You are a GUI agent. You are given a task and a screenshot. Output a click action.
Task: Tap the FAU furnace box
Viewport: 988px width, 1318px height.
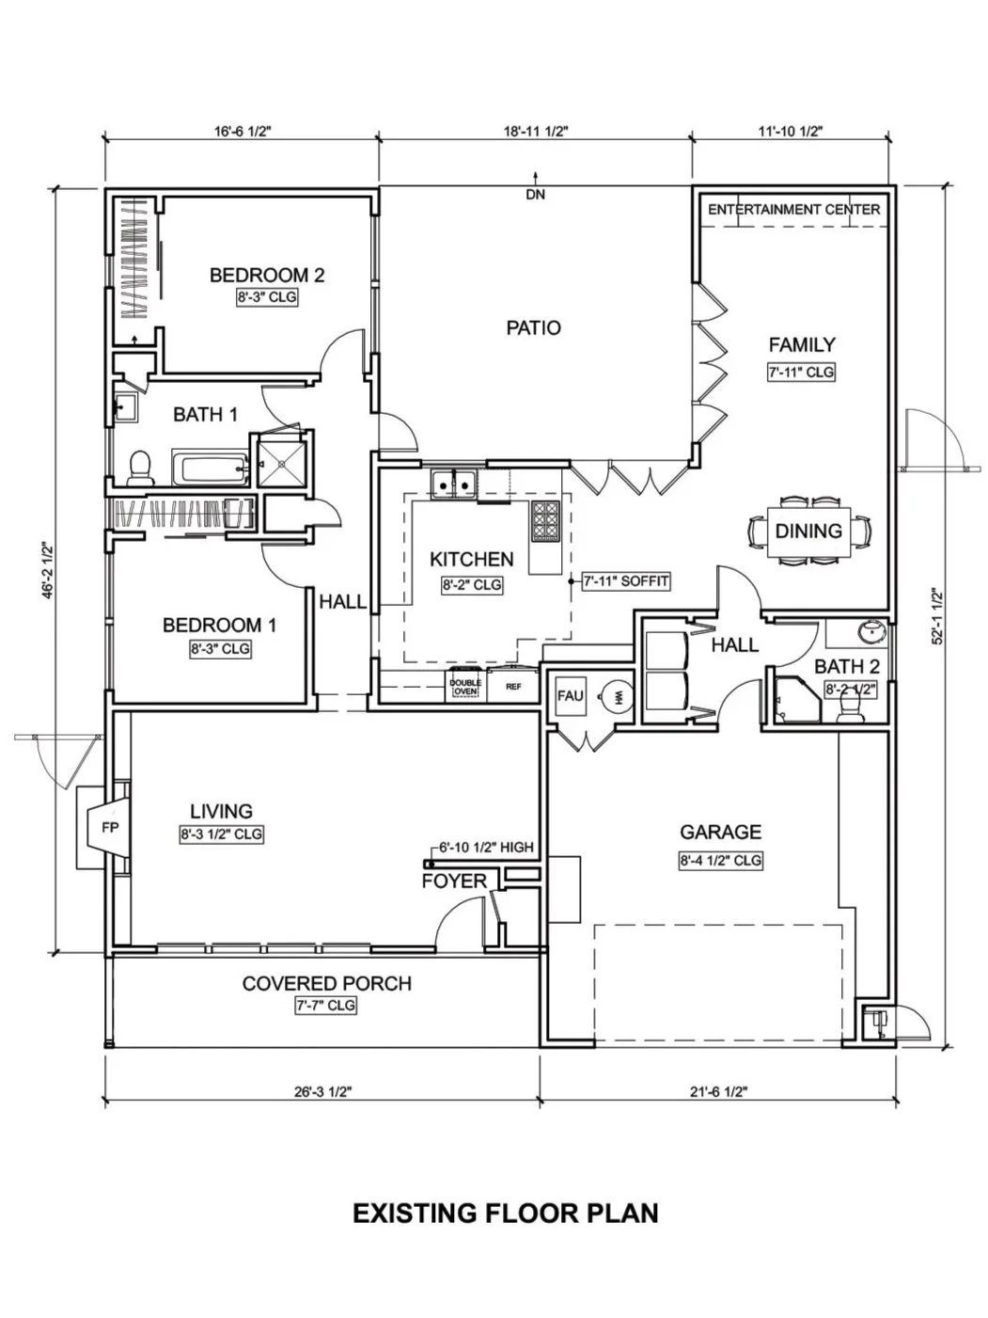[570, 697]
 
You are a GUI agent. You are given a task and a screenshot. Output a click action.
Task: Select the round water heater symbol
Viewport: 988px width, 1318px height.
[617, 697]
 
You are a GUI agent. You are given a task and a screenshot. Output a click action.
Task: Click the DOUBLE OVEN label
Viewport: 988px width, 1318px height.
[464, 688]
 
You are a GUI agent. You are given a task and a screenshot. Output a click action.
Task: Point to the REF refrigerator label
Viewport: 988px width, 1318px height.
[513, 688]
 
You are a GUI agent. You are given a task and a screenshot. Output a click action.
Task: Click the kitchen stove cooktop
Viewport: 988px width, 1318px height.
[545, 521]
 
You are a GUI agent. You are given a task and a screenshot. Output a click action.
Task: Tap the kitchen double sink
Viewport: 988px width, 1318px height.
[454, 484]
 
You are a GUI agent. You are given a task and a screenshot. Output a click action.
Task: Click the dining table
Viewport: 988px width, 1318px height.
[808, 531]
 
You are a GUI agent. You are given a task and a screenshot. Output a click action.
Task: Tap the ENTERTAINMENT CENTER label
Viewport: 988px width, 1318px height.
[793, 209]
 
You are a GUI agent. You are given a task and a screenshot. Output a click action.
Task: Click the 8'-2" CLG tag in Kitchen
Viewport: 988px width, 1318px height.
[472, 585]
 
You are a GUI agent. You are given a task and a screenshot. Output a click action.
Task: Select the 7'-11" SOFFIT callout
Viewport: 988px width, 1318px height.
[625, 581]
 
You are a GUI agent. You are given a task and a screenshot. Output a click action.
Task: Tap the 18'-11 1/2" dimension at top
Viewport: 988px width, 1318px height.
[536, 132]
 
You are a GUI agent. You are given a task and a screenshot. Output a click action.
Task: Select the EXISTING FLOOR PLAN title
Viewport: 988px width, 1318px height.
[505, 1214]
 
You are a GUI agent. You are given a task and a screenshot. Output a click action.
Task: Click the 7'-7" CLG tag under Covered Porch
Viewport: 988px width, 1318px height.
[326, 1006]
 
